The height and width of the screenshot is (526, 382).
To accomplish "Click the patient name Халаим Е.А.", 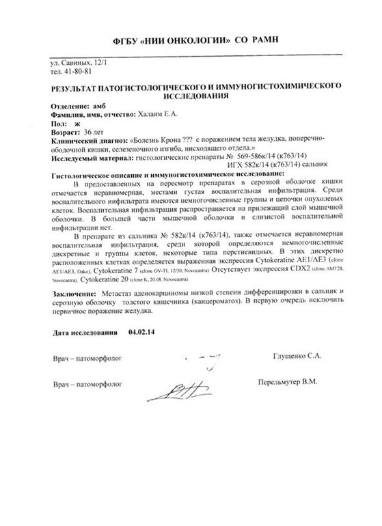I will point(175,117).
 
